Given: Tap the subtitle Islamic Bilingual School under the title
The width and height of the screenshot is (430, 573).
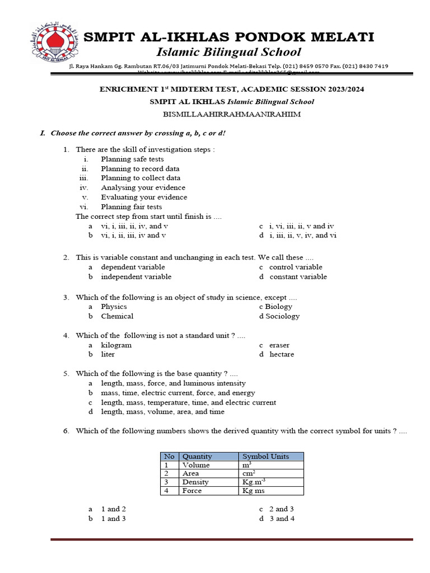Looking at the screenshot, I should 228,53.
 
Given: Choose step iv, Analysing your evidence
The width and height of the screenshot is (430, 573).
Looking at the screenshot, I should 143,187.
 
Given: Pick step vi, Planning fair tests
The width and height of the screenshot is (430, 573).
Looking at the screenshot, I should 131,206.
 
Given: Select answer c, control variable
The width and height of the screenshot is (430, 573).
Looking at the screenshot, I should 296,267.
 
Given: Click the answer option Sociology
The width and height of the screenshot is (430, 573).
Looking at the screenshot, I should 282,316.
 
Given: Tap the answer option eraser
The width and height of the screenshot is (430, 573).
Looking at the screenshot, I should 279,345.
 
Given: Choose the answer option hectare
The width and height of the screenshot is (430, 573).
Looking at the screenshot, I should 282,354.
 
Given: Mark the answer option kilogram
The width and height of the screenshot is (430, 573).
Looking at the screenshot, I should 116,345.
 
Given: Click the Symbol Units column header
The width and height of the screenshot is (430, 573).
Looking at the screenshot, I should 265,457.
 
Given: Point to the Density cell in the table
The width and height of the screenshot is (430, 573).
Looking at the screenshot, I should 195,482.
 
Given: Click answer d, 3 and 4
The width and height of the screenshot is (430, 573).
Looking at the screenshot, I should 282,519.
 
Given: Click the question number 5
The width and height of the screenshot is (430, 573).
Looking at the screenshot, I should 66,373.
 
